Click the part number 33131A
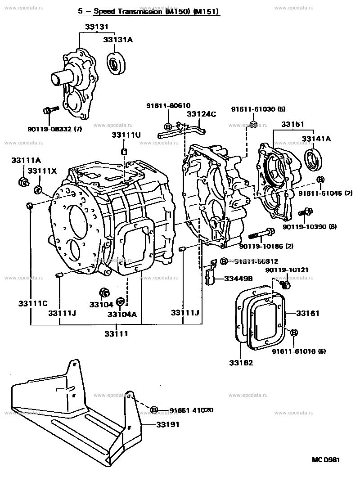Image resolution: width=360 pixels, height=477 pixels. (118, 40)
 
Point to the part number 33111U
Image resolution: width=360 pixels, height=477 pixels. (126, 135)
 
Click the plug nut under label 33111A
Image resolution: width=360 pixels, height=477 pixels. (22, 182)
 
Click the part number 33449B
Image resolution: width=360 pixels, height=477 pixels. (238, 279)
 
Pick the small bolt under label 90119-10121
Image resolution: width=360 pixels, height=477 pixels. (284, 284)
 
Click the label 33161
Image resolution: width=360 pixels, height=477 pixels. (307, 313)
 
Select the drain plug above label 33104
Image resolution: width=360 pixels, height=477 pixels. (102, 293)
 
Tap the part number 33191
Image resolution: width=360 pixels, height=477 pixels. (168, 424)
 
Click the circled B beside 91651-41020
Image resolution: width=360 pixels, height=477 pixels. (154, 410)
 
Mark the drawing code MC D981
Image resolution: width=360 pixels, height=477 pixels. (327, 460)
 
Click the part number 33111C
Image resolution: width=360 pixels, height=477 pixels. (33, 304)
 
